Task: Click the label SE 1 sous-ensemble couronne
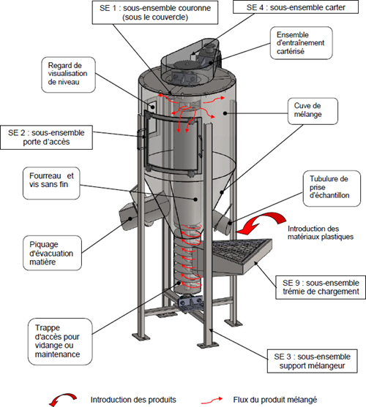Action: [x=155, y=12]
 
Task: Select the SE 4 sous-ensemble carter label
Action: [x=296, y=7]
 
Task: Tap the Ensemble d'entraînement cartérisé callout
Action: [x=301, y=43]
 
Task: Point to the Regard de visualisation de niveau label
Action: [x=68, y=75]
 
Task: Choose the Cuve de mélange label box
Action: [x=313, y=111]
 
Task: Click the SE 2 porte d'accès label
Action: [x=47, y=137]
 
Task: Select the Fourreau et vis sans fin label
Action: [x=51, y=183]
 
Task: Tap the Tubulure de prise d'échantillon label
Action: [x=332, y=189]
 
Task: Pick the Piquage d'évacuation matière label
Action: [x=52, y=253]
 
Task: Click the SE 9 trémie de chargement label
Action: [x=321, y=287]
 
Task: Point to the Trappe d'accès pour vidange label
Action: [x=60, y=341]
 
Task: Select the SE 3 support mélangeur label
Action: [x=312, y=361]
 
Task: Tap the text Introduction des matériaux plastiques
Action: [x=321, y=233]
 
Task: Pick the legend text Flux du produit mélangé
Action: [x=275, y=400]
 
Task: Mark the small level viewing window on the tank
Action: [x=152, y=106]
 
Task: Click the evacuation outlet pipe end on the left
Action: [x=127, y=218]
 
